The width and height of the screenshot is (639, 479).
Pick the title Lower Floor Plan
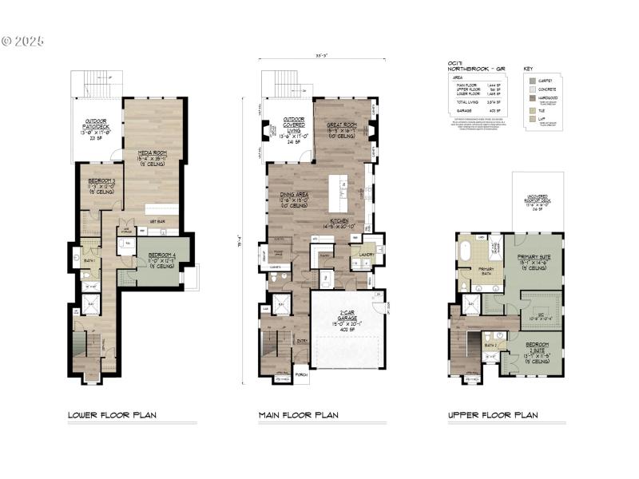pyautogui.click(x=111, y=415)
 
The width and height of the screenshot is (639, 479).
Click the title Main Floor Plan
pyautogui.click(x=298, y=415)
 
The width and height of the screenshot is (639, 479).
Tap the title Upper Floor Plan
pyautogui.click(x=492, y=415)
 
